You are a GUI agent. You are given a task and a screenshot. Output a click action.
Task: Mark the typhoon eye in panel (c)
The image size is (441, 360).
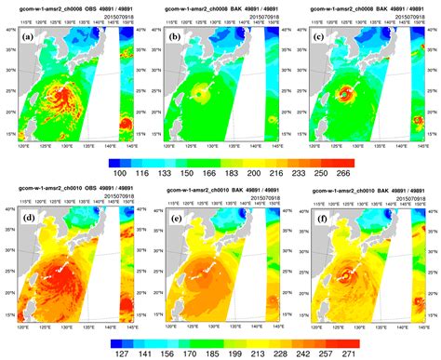pos(345,93)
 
